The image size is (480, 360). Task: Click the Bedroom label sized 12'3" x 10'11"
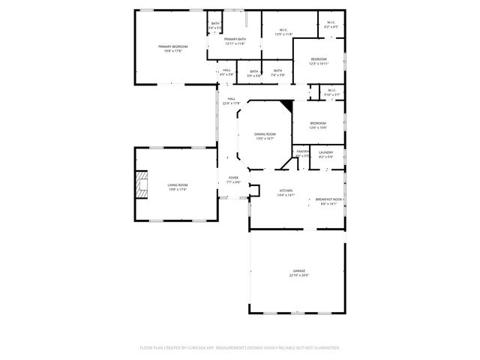pyautogui.click(x=319, y=61)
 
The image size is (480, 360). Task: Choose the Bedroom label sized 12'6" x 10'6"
pyautogui.click(x=318, y=125)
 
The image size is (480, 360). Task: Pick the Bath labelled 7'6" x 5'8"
pyautogui.click(x=277, y=72)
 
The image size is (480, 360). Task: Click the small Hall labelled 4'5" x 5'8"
pyautogui.click(x=226, y=72)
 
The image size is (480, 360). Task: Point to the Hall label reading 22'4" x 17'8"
pyautogui.click(x=231, y=101)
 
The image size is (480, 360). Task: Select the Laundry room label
pyautogui.click(x=325, y=154)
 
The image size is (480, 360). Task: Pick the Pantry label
pyautogui.click(x=302, y=153)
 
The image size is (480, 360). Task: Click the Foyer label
pyautogui.click(x=233, y=180)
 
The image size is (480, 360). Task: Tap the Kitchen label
pyautogui.click(x=286, y=193)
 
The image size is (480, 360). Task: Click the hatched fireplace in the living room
pyautogui.click(x=141, y=184)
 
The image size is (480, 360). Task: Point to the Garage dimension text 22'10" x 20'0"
pyautogui.click(x=298, y=275)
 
